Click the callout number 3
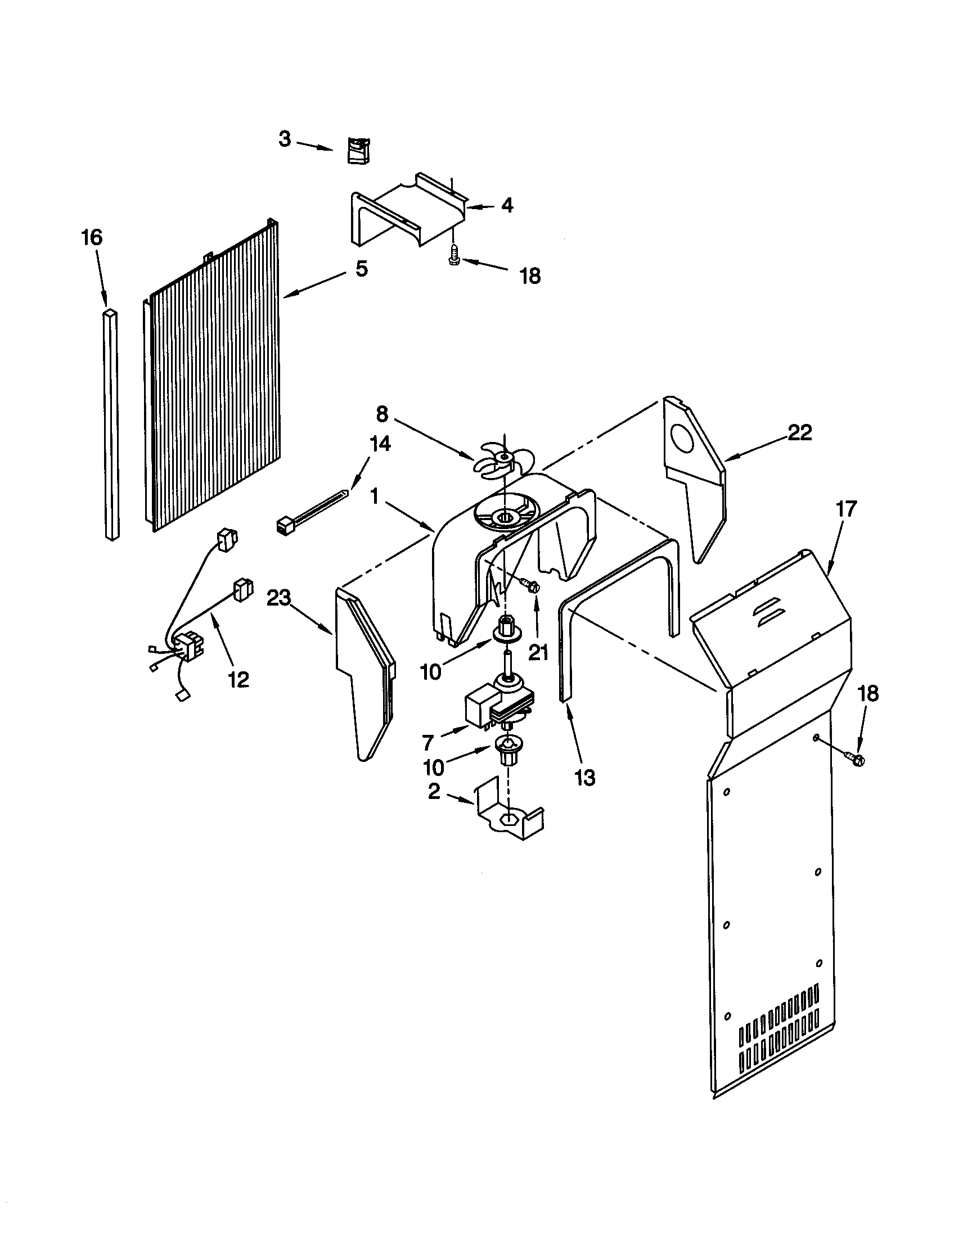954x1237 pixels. [x=285, y=139]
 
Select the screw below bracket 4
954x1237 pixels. [x=453, y=257]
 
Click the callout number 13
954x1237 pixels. [x=584, y=778]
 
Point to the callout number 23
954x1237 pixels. [x=279, y=598]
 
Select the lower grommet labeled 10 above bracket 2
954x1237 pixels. [x=507, y=748]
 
